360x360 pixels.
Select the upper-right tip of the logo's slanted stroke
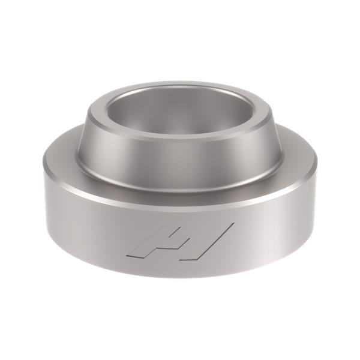pos(232,226)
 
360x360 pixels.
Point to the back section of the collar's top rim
pos(180,85)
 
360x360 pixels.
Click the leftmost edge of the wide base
pos(44,180)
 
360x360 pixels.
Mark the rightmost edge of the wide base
pos(316,180)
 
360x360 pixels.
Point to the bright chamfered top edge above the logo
pos(180,205)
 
